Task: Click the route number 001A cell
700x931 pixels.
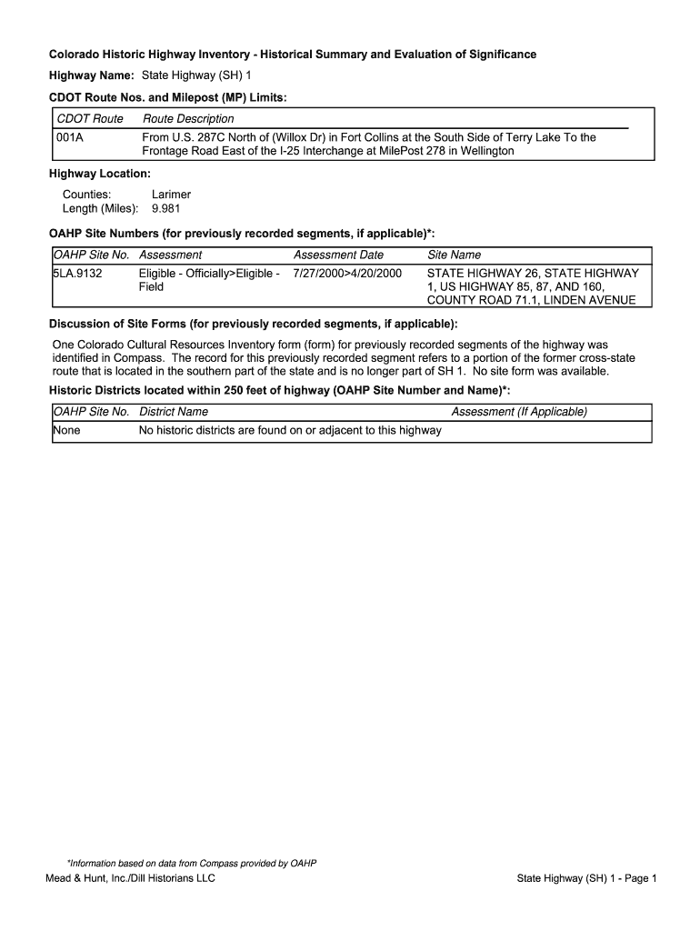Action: (70, 137)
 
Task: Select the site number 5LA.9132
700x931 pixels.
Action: (77, 273)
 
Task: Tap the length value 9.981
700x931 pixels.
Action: (165, 208)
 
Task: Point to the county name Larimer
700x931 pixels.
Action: (171, 195)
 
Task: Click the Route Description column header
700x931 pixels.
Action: (188, 119)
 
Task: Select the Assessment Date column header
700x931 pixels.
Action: (338, 255)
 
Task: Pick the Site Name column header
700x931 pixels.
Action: (454, 255)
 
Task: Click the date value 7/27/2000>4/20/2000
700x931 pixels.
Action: (347, 273)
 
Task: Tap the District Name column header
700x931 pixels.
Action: (174, 412)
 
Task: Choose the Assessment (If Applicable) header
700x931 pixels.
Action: (519, 412)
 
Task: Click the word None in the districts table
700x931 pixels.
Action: (66, 430)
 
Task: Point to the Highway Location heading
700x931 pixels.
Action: (100, 173)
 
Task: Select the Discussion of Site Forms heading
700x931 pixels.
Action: (253, 325)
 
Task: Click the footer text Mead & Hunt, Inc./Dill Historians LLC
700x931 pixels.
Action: (131, 878)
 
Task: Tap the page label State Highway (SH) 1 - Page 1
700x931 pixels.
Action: (586, 878)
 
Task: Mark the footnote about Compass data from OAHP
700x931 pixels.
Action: (191, 863)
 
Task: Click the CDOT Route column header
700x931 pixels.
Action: (90, 119)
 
